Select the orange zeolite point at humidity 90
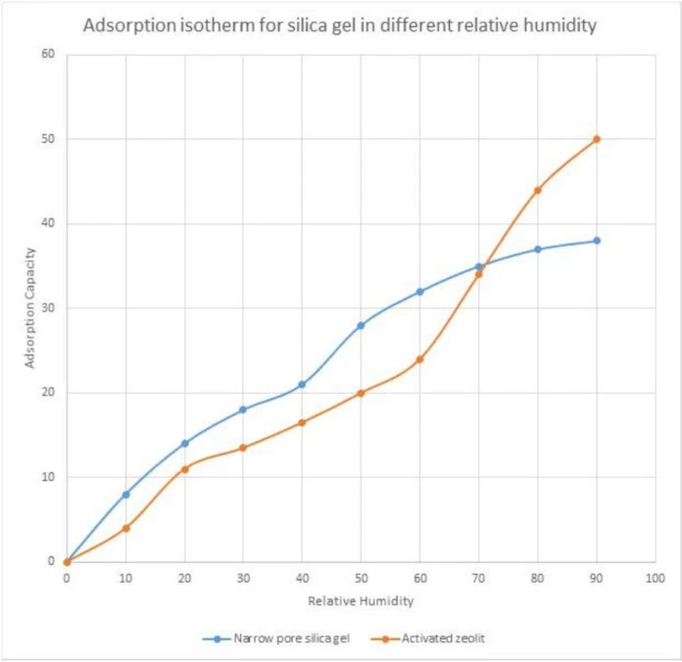pyautogui.click(x=596, y=139)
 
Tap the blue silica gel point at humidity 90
pyautogui.click(x=596, y=241)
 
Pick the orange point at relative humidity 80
pyautogui.click(x=537, y=190)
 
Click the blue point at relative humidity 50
pyautogui.click(x=361, y=325)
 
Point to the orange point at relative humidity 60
pyautogui.click(x=419, y=359)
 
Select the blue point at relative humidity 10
pyautogui.click(x=125, y=495)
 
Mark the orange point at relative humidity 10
pyautogui.click(x=125, y=529)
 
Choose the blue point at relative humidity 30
pyautogui.click(x=243, y=409)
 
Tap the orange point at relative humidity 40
pyautogui.click(x=302, y=423)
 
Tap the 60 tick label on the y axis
pyautogui.click(x=47, y=54)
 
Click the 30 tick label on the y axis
pyautogui.click(x=47, y=308)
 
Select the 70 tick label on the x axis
pyautogui.click(x=478, y=580)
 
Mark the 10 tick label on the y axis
pyautogui.click(x=47, y=478)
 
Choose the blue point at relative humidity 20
pyautogui.click(x=184, y=444)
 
